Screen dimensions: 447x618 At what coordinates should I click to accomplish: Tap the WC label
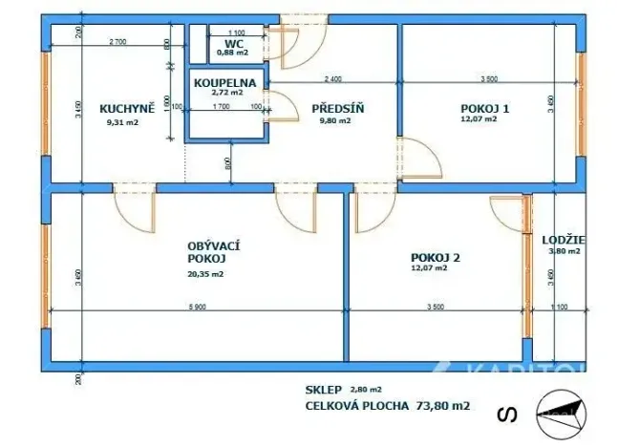(233, 44)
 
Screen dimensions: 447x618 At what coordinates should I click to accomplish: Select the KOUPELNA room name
(225, 83)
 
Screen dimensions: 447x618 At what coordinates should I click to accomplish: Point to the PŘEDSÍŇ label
(338, 108)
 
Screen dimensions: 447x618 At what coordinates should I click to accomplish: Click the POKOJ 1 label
(485, 108)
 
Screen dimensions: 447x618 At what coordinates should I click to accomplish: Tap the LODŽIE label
(564, 240)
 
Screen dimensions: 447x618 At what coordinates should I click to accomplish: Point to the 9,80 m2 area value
(337, 121)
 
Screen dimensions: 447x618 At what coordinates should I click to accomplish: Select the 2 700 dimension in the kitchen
(118, 42)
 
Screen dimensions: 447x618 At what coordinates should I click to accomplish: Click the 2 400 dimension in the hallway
(333, 78)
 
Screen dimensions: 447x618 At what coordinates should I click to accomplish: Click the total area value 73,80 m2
(440, 405)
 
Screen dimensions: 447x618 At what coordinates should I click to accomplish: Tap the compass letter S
(506, 414)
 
